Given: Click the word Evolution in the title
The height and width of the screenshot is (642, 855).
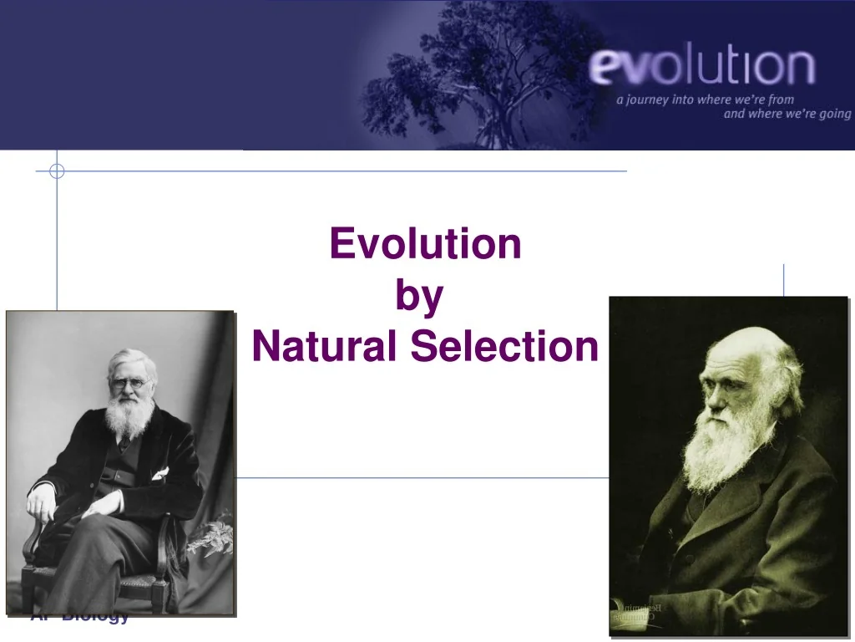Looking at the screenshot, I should click(425, 244).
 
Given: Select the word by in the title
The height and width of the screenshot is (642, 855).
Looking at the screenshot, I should click(419, 297).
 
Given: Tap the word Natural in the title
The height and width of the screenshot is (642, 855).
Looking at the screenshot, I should click(326, 347).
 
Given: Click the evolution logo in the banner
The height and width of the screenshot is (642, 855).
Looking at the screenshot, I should click(701, 69).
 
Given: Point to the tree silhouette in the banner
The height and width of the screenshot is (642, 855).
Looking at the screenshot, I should click(484, 67).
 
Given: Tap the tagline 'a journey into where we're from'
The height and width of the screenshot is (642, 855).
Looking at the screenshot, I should click(706, 99).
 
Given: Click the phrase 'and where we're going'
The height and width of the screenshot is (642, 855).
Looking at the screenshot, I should click(787, 114).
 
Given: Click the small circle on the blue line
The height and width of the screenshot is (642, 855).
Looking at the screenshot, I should click(57, 171).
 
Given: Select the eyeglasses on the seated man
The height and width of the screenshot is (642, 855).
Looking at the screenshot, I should click(132, 384).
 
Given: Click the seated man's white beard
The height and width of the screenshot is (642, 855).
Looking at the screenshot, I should click(130, 415).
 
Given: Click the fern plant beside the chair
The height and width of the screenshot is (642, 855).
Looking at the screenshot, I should click(212, 535).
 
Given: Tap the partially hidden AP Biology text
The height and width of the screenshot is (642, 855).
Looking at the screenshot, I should click(80, 619).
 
